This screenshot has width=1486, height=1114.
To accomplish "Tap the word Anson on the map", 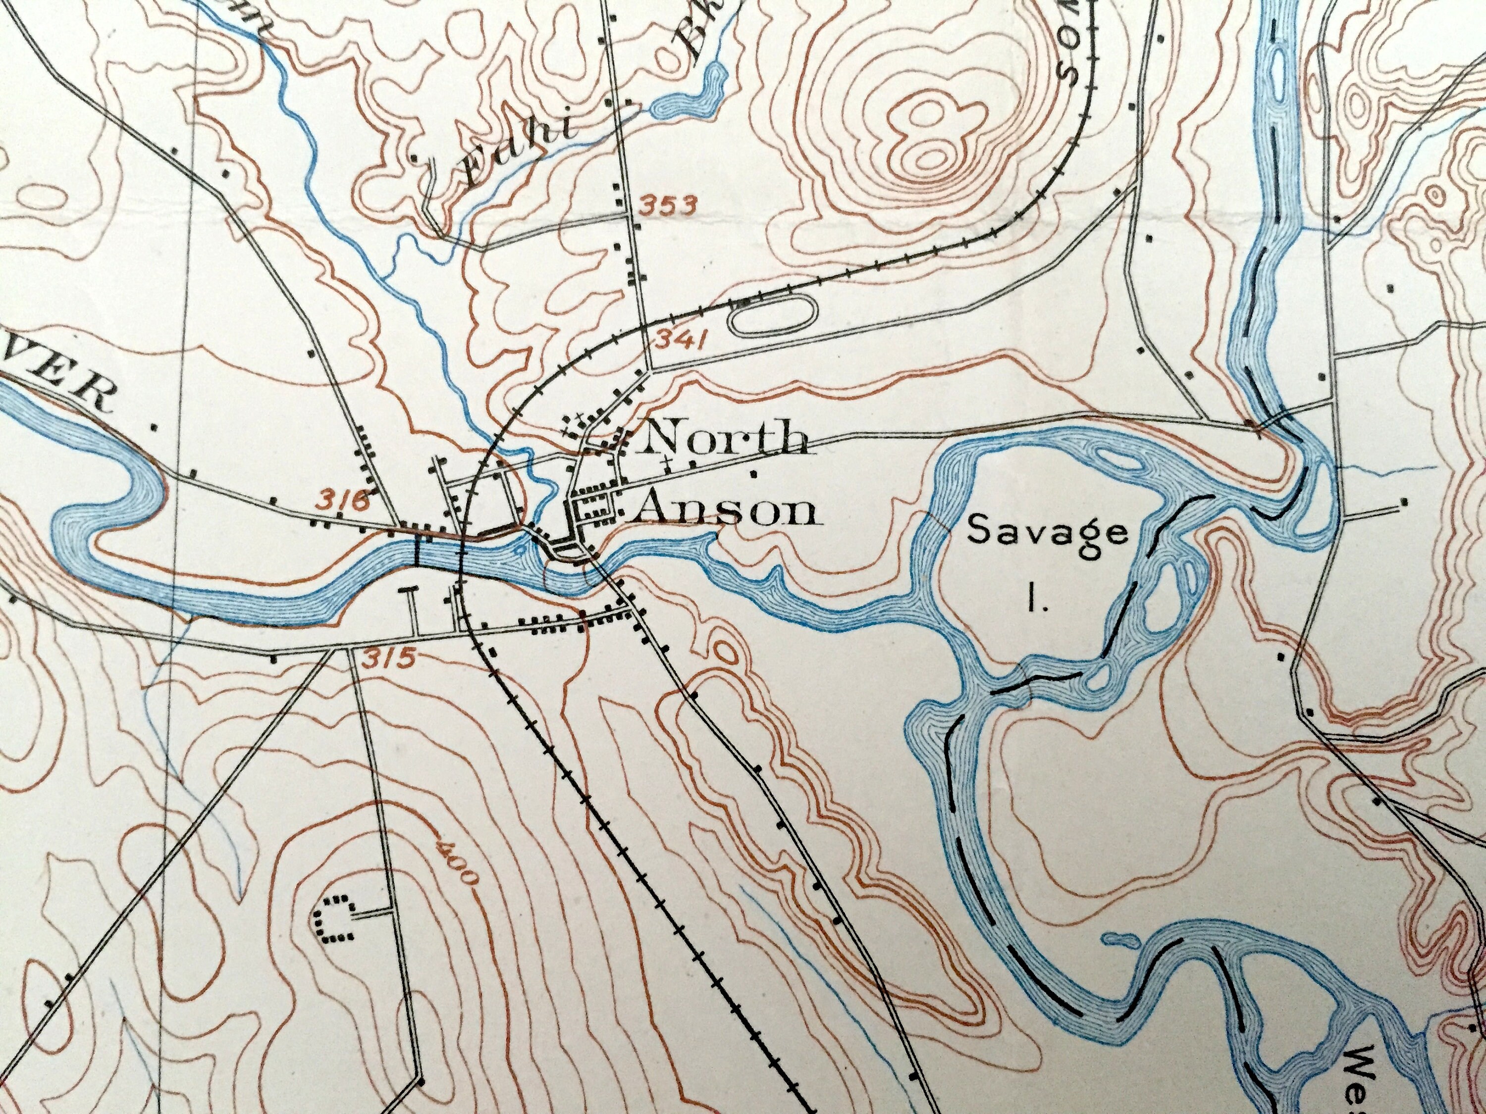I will pyautogui.click(x=727, y=511).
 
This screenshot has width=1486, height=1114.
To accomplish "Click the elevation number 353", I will pyautogui.click(x=668, y=205).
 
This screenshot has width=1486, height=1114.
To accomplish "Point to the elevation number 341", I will pyautogui.click(x=680, y=342).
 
